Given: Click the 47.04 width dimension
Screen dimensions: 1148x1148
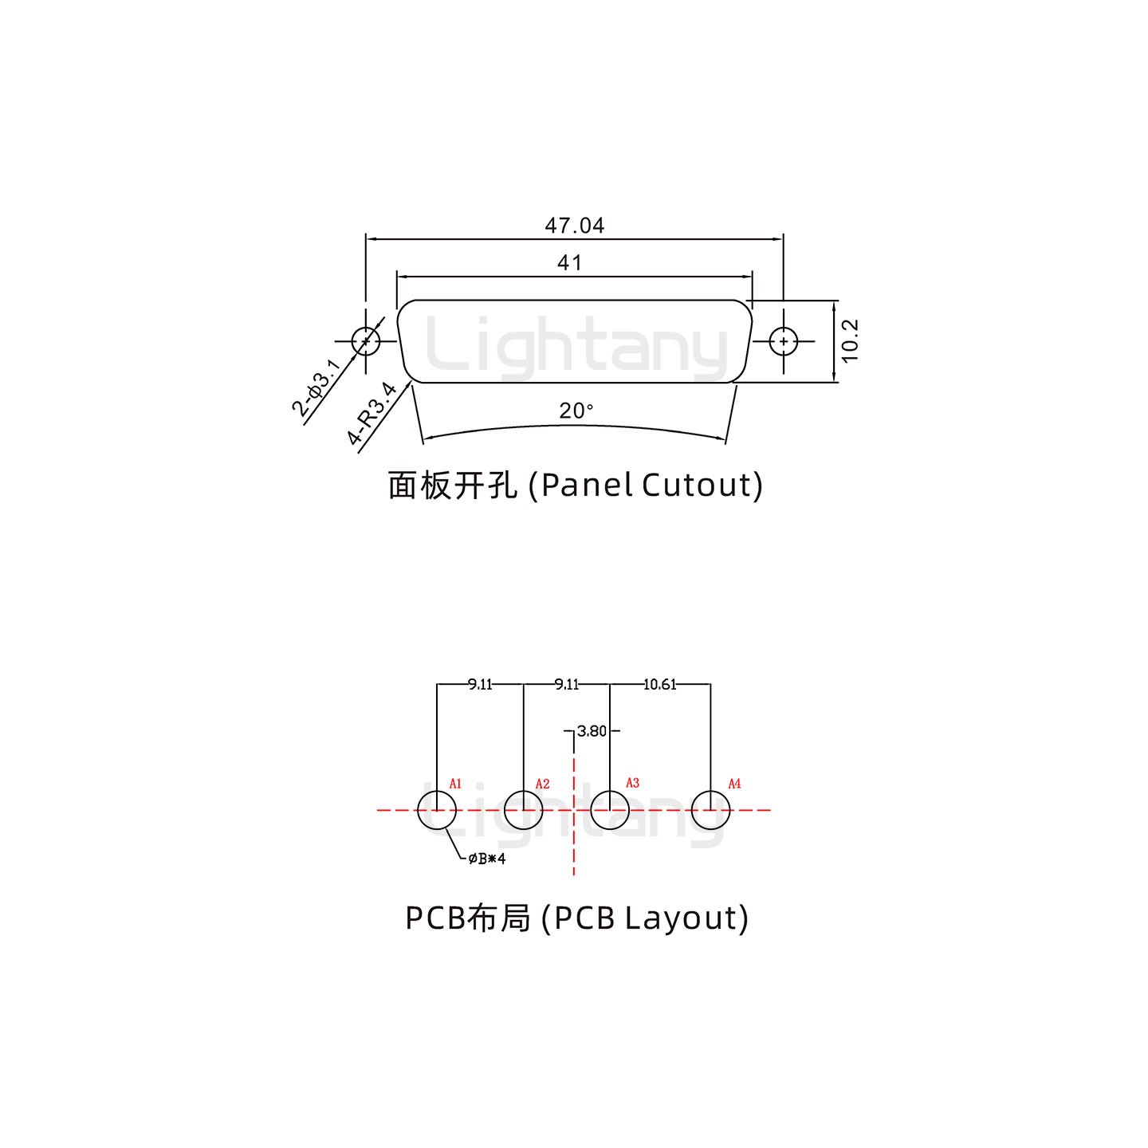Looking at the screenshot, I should coord(574,226).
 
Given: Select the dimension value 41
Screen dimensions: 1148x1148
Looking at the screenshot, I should coord(569,262).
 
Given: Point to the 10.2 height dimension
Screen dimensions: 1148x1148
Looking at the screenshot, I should coord(850,340).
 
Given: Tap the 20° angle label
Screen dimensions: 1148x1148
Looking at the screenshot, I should coord(576,411).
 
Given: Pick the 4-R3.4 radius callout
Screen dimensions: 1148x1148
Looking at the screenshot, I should coord(372,413).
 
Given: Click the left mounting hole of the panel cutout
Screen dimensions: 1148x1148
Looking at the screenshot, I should coord(366,341).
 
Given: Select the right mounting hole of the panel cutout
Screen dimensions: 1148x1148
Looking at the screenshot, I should coord(784,341).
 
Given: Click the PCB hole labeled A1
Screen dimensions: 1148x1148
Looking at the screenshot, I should coord(437,810).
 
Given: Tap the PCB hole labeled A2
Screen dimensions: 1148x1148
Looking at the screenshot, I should coord(524,810).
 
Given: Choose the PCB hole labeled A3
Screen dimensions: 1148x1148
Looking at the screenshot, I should coord(610,810).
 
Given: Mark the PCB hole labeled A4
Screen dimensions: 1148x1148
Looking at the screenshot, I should coord(710,810).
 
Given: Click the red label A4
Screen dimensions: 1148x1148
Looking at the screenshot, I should coord(734,784).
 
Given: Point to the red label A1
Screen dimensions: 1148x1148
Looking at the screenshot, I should coord(455,784).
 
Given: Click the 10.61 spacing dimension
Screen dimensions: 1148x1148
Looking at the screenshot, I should coord(659,684).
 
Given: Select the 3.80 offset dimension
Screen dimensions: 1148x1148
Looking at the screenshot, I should coord(592,731).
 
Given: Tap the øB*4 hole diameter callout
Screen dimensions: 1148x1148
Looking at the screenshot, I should coord(486,859).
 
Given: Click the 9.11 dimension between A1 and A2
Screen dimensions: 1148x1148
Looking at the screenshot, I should coord(480,684).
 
